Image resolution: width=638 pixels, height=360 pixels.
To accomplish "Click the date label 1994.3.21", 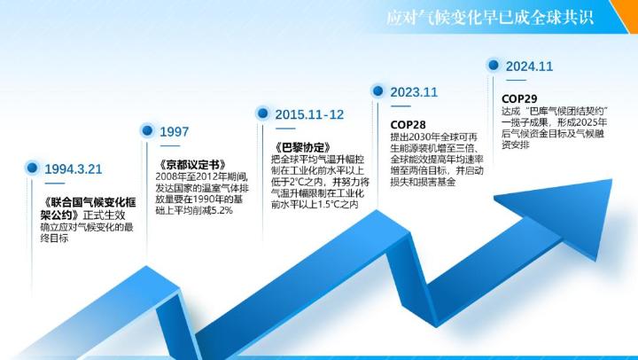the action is (74, 169).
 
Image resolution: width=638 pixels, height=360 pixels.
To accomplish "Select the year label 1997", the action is (175, 132).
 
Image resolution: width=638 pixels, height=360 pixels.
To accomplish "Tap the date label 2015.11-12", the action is (309, 114).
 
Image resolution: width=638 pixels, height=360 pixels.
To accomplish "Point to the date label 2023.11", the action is (414, 92).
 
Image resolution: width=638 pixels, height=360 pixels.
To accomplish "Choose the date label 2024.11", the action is (529, 67).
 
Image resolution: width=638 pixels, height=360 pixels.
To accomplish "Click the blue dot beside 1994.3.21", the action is (32, 168).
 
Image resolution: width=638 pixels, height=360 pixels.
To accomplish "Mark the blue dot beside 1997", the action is (147, 130).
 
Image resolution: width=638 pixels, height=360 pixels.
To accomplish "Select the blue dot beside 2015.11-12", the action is (263, 113).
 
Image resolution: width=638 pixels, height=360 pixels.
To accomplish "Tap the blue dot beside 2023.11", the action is (378, 90).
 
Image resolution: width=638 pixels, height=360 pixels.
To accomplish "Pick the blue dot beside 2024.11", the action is (494, 65).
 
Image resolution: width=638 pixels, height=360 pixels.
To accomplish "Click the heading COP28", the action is (408, 124).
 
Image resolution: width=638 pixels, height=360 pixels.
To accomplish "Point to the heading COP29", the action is (519, 98).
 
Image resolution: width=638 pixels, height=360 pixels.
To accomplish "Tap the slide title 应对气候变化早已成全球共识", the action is (490, 18).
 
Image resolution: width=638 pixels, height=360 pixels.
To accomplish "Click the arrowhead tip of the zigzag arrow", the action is (611, 180).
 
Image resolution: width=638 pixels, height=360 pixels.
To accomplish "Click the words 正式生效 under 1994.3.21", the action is (105, 215).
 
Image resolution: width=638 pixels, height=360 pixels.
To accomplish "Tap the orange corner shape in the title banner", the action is (626, 14).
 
